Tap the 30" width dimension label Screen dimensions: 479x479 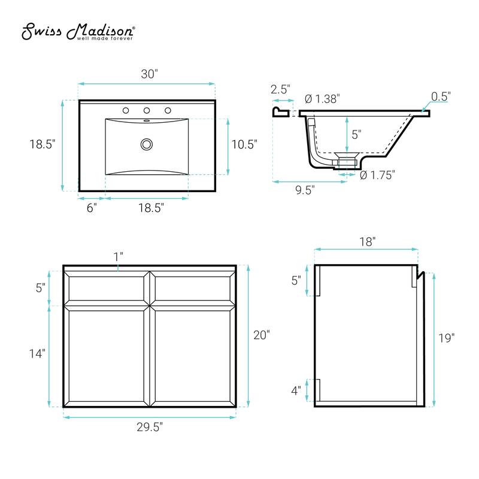click(149, 74)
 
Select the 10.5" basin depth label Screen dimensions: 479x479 click(244, 144)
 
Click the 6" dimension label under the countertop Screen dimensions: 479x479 click(91, 207)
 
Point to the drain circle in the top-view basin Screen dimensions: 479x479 click(146, 144)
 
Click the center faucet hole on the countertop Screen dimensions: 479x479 click(146, 110)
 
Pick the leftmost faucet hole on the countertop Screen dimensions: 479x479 click(126, 110)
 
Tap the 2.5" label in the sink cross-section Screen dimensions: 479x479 click(280, 90)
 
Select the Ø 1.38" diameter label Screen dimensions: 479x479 click(322, 99)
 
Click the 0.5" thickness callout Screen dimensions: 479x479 click(441, 96)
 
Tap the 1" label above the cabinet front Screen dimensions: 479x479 click(118, 256)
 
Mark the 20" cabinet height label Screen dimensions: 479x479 click(261, 335)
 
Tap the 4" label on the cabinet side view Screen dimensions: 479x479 click(296, 390)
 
